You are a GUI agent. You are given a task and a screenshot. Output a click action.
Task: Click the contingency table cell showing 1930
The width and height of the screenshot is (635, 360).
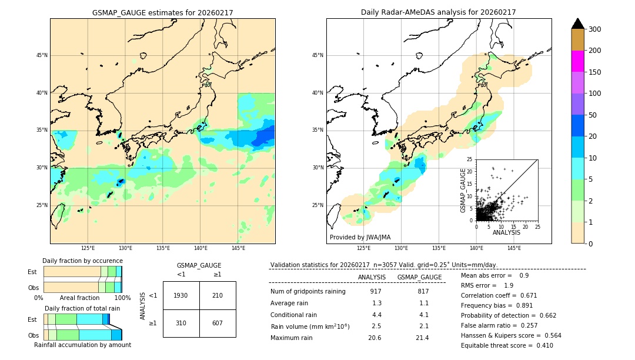pos(181,295)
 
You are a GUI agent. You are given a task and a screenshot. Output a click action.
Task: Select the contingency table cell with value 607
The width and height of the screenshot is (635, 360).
pos(218,323)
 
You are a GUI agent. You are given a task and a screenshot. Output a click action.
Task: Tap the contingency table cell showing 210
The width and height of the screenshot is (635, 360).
pos(218,295)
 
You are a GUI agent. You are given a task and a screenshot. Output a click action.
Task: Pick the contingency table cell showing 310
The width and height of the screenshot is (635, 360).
pos(181,323)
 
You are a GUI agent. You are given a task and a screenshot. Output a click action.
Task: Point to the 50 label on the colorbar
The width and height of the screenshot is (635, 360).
pos(595,115)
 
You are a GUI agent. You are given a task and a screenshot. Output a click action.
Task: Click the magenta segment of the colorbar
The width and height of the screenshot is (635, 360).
pos(577,61)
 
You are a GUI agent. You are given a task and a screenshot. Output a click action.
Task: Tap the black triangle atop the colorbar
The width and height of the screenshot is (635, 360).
pos(577,24)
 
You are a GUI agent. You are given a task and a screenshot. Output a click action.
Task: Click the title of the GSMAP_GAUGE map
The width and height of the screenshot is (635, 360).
pos(163,12)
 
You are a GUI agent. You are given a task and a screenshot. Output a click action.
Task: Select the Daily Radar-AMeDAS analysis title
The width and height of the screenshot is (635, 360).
pos(439,12)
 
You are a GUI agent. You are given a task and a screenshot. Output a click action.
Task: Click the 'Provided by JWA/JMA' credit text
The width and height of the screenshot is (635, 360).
pos(360,238)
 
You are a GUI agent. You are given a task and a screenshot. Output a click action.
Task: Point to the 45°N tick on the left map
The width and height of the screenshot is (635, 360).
pos(41,56)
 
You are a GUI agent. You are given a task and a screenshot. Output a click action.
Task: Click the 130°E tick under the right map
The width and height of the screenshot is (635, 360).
pos(401,248)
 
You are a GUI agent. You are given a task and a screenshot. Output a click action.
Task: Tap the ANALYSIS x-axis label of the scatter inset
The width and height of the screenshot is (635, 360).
pos(506,232)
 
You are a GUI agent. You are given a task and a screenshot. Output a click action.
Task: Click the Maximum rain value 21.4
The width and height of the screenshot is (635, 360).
pos(422,338)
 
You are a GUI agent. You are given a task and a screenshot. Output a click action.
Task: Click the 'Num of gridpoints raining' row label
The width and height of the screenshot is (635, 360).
pos(308,291)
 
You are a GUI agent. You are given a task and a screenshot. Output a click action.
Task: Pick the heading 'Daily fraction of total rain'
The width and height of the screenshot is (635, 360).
pos(82,308)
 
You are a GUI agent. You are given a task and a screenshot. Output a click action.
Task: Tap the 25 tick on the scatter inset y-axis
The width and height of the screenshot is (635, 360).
pos(470,159)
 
